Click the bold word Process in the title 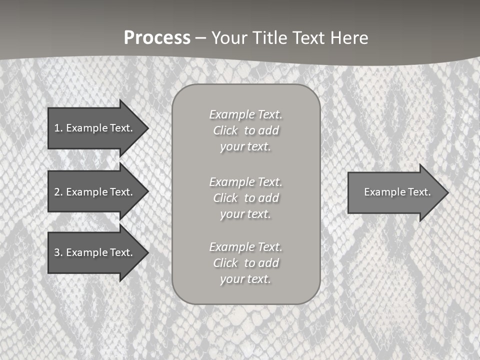tap(157, 38)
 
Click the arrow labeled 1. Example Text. tap(95, 128)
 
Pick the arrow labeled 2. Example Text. tap(95, 192)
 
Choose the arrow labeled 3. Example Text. tap(95, 252)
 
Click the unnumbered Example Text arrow tap(395, 192)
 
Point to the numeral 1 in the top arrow tap(57, 128)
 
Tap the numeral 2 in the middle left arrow tap(57, 192)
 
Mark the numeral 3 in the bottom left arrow tap(57, 252)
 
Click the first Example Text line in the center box tap(245, 114)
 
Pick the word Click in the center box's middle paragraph tap(225, 198)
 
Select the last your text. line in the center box tap(245, 279)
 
